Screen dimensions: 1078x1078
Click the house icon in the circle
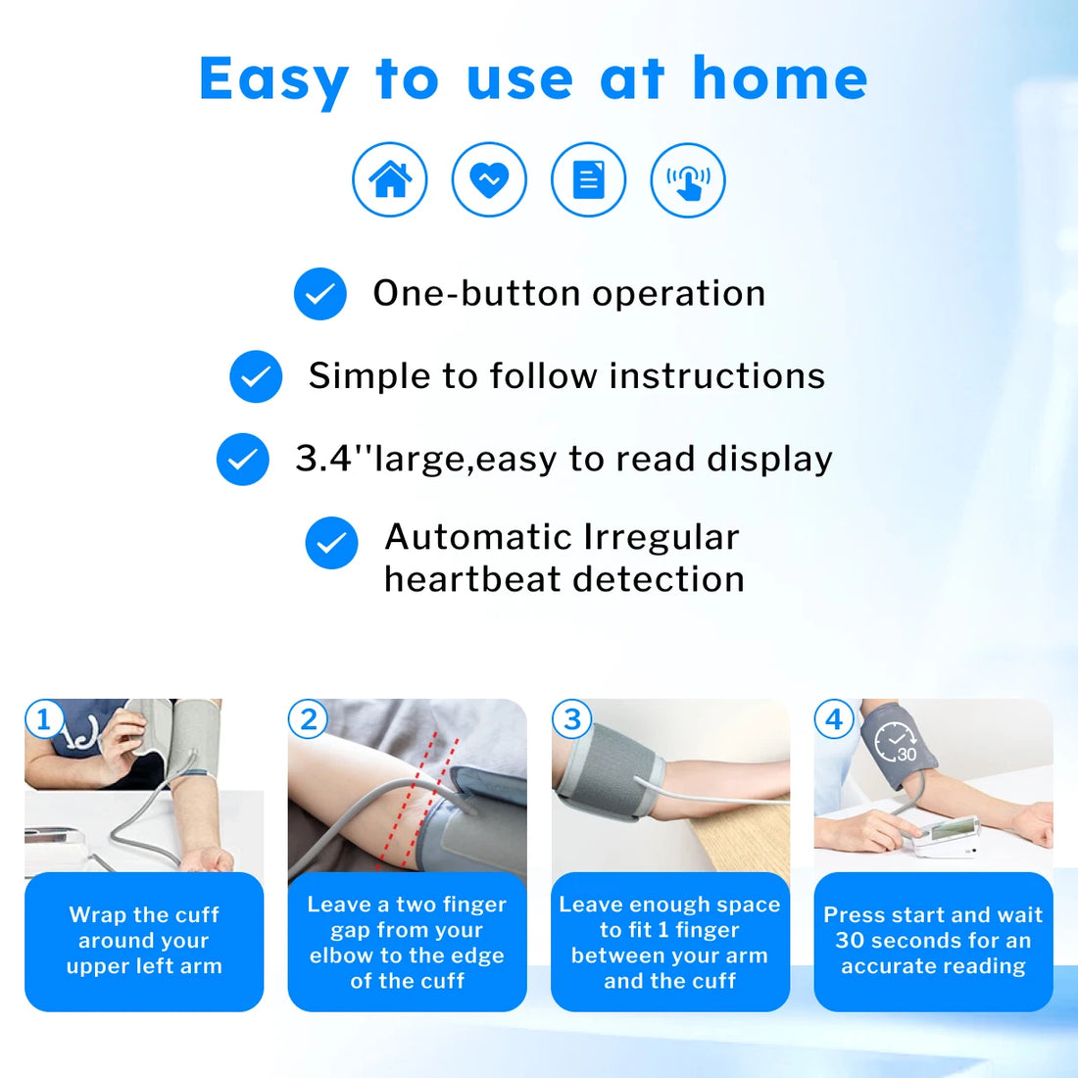[x=390, y=179]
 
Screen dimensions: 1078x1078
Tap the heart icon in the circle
[x=489, y=179]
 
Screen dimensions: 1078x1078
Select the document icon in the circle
[x=588, y=179]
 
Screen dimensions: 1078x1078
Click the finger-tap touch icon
[x=688, y=179]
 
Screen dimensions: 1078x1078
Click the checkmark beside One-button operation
[x=320, y=294]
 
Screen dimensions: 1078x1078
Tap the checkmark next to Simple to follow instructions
[x=256, y=376]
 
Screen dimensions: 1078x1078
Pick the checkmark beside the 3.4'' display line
[x=243, y=459]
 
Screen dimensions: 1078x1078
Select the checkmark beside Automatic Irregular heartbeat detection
[x=331, y=543]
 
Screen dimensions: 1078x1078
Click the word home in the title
[x=780, y=78]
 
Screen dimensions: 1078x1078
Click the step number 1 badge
[x=43, y=720]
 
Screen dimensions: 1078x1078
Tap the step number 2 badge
[x=308, y=720]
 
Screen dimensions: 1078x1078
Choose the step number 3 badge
[x=571, y=720]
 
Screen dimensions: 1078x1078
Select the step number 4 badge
[x=834, y=720]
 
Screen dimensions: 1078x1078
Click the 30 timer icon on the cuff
[x=895, y=743]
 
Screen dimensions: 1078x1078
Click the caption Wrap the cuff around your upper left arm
[x=144, y=941]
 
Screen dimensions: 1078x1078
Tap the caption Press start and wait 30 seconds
[x=933, y=941]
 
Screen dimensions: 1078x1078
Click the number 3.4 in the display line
[x=323, y=459]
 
